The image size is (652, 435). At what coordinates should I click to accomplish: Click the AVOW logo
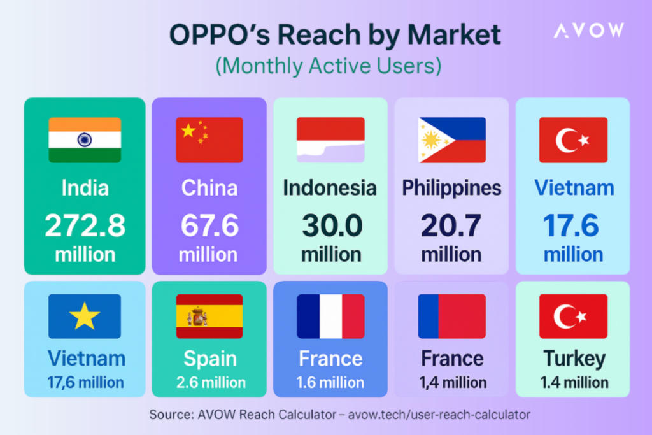tap(588, 30)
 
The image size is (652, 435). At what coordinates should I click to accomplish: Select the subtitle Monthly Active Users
tap(329, 66)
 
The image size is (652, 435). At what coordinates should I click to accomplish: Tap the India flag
tap(85, 139)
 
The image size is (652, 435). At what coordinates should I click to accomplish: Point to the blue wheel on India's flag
tap(85, 139)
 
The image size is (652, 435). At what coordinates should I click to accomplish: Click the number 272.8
tap(85, 226)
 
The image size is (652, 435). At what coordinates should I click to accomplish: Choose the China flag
tap(209, 139)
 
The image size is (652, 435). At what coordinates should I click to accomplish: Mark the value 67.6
tap(209, 226)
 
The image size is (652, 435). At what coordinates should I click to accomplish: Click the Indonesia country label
tap(330, 188)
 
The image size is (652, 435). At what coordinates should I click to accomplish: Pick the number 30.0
tap(330, 226)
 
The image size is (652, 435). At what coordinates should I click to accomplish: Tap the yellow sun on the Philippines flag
tap(432, 139)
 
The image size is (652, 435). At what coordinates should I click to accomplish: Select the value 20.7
tap(451, 226)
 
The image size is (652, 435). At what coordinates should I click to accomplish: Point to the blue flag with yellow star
tap(85, 316)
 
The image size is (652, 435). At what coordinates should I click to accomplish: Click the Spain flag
tap(209, 316)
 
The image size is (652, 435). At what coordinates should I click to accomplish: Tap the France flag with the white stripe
tap(330, 316)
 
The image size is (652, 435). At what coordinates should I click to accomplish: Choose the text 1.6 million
tap(330, 382)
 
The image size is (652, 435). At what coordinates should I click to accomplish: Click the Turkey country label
tap(573, 359)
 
